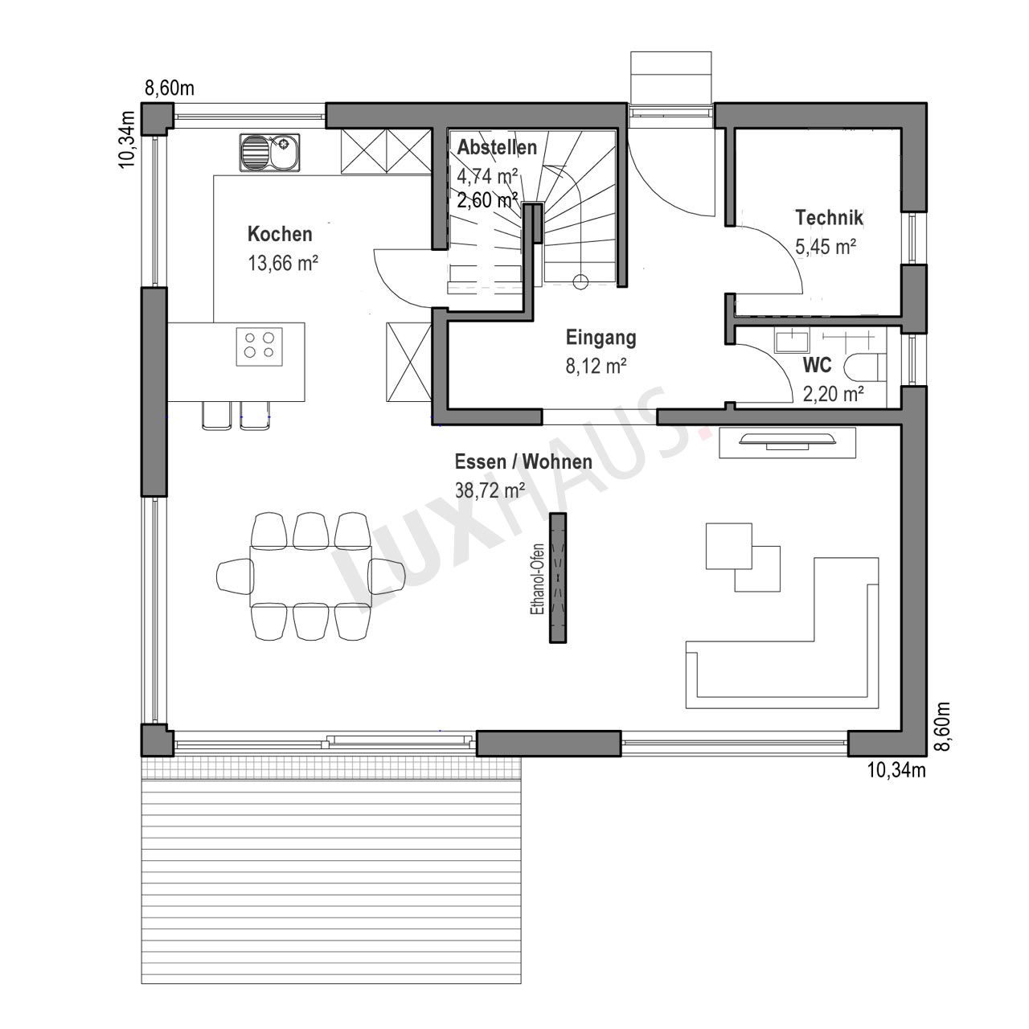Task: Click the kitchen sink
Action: pyautogui.click(x=269, y=153)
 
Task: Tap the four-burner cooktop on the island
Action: pyautogui.click(x=259, y=346)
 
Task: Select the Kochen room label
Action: pyautogui.click(x=280, y=234)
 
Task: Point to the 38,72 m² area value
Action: pyautogui.click(x=490, y=490)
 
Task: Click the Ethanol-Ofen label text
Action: pyautogui.click(x=537, y=579)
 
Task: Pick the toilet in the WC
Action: pyautogui.click(x=866, y=368)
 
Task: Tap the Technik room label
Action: pyautogui.click(x=829, y=217)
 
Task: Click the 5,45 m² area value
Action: pyautogui.click(x=826, y=247)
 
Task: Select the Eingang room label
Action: pyautogui.click(x=601, y=338)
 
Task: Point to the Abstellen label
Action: pyautogui.click(x=497, y=147)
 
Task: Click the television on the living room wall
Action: pyautogui.click(x=787, y=439)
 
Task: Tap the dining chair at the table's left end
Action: pyautogui.click(x=236, y=576)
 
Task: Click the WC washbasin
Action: pyautogui.click(x=792, y=340)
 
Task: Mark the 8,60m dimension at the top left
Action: pyautogui.click(x=170, y=88)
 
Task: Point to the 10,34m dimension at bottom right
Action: pyautogui.click(x=896, y=770)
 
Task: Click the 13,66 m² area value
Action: pyautogui.click(x=283, y=263)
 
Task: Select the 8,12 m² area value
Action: pyautogui.click(x=596, y=367)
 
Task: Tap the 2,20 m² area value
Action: pyautogui.click(x=834, y=394)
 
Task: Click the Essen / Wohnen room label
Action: pyautogui.click(x=523, y=462)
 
